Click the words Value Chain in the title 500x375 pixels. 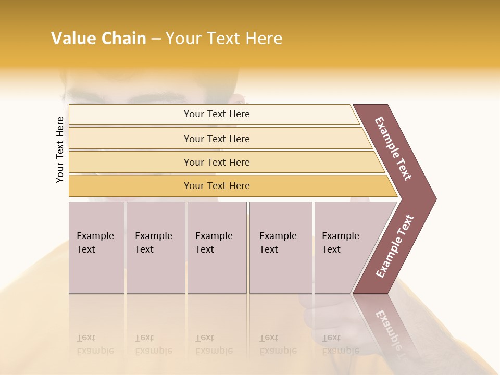98,39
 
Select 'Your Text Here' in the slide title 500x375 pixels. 224,39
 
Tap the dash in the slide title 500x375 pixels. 156,39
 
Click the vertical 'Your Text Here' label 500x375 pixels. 60,149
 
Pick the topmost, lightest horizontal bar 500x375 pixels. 217,114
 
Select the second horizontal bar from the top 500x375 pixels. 217,139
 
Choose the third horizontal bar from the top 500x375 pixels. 217,162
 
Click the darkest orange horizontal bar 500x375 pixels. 217,186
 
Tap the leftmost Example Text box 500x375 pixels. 96,247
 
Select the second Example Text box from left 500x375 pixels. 155,247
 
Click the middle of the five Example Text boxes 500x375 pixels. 217,247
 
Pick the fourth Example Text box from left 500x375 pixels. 281,247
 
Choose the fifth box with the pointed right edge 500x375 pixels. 344,247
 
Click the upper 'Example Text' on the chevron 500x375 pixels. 393,148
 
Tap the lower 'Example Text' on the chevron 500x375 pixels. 394,246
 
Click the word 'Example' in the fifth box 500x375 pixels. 340,236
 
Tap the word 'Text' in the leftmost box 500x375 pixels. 86,249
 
